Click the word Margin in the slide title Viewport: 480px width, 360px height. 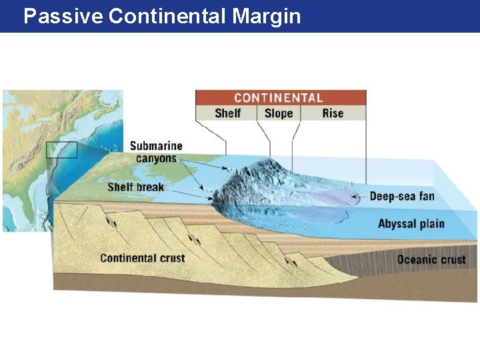[x=267, y=16]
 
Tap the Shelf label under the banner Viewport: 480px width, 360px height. [x=227, y=113]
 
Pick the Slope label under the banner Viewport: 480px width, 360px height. [x=279, y=113]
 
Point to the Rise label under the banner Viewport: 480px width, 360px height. [x=333, y=113]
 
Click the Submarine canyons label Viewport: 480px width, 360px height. [x=156, y=152]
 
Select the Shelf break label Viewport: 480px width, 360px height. [x=135, y=187]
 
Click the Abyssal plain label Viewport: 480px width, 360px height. [x=411, y=223]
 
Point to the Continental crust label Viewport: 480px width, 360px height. [x=142, y=258]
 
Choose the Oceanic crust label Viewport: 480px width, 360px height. [x=431, y=259]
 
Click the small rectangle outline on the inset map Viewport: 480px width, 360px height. [x=62, y=150]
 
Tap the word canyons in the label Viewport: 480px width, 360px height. [x=156, y=159]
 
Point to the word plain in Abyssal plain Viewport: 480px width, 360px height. [x=431, y=223]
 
